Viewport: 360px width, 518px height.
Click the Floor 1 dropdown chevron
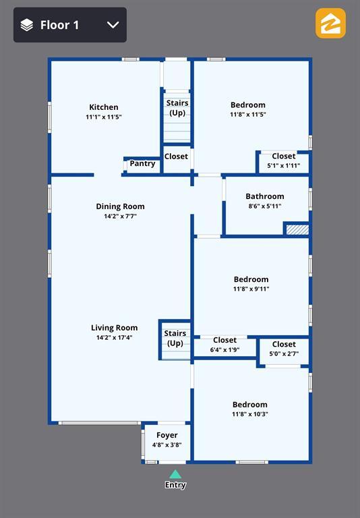[x=113, y=25]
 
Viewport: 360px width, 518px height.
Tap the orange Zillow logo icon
[x=330, y=24]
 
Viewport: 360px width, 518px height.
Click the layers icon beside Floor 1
[x=27, y=25]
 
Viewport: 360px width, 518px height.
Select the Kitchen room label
[x=104, y=107]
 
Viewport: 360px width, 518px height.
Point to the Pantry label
[x=142, y=163]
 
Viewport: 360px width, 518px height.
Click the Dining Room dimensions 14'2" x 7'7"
[x=120, y=217]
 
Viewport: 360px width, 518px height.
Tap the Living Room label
[x=115, y=328]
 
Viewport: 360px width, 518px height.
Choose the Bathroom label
[x=265, y=196]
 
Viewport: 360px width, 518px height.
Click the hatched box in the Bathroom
[x=297, y=230]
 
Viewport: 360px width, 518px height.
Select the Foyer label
[x=167, y=436]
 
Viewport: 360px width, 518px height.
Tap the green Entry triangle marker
[x=175, y=474]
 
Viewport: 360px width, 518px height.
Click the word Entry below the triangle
[x=175, y=485]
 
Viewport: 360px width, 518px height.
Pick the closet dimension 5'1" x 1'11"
[x=284, y=166]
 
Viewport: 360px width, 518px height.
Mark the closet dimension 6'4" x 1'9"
[x=225, y=350]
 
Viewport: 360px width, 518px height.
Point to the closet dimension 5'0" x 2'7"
[x=284, y=354]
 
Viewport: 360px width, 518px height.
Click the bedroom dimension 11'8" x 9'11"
[x=251, y=289]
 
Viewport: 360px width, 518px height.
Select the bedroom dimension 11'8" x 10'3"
[x=250, y=414]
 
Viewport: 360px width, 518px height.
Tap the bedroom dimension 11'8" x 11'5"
[x=248, y=115]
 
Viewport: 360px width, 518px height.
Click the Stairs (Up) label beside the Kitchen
[x=177, y=108]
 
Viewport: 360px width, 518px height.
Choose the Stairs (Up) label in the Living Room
[x=175, y=339]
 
